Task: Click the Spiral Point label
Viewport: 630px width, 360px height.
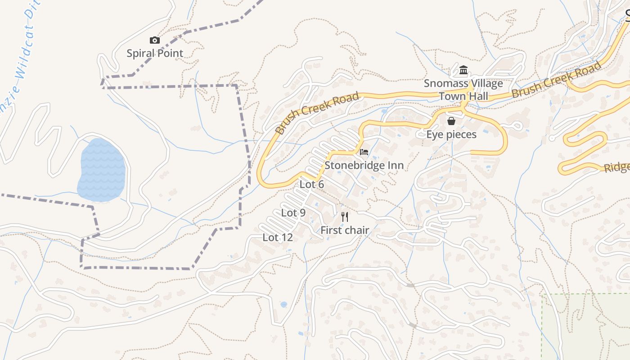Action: (x=155, y=54)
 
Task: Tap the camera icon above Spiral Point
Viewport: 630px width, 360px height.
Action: (x=155, y=40)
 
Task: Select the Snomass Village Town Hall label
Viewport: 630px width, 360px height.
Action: (x=463, y=90)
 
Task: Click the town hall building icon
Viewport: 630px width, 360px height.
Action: (x=463, y=70)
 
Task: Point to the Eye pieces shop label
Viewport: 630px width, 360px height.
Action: (x=451, y=135)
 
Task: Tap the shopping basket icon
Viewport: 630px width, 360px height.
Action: (x=451, y=121)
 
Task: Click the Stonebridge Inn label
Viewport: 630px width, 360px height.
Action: (x=364, y=165)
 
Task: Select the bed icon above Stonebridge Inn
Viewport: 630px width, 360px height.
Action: (x=364, y=152)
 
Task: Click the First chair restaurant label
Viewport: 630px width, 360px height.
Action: (x=345, y=230)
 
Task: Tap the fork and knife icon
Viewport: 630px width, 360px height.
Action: (x=345, y=217)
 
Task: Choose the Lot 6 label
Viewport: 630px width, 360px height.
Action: (x=312, y=184)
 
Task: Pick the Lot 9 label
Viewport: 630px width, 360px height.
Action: (x=293, y=213)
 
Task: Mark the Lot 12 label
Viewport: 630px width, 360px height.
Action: (x=278, y=238)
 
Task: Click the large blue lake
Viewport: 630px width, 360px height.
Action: (x=102, y=171)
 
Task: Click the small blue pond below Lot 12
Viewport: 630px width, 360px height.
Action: (x=283, y=305)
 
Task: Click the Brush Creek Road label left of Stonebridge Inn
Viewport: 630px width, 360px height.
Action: (x=317, y=113)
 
